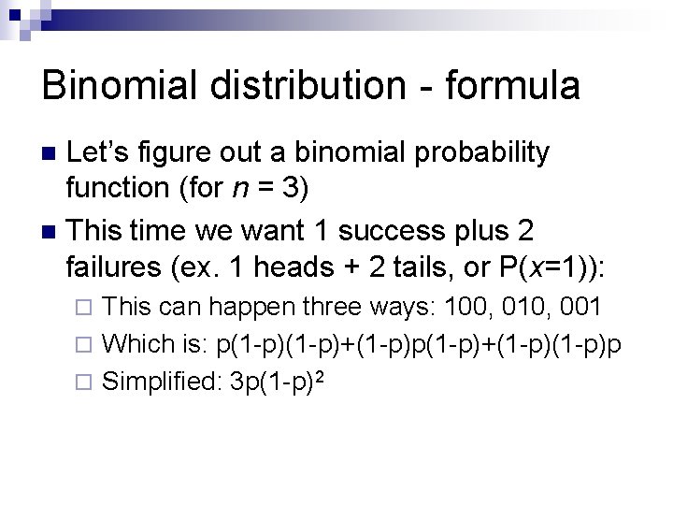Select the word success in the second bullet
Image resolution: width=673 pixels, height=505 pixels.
coord(375,230)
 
